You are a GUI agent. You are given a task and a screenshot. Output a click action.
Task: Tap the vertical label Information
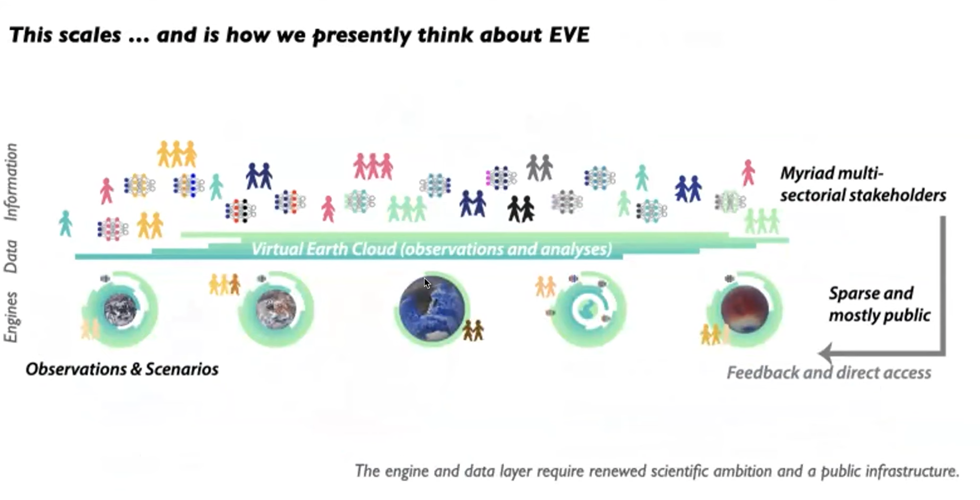tap(11, 182)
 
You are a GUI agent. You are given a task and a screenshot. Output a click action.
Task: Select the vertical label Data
tap(11, 256)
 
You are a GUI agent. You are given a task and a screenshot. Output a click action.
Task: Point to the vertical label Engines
tap(11, 317)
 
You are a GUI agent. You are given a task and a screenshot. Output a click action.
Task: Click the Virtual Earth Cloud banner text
tap(432, 249)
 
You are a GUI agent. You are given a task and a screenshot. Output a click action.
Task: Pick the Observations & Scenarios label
tap(122, 369)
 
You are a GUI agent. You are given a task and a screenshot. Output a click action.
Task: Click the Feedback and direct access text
tap(829, 372)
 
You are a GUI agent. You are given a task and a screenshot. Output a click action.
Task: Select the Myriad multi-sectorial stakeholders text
tap(863, 184)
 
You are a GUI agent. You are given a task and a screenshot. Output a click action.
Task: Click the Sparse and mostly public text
tap(879, 304)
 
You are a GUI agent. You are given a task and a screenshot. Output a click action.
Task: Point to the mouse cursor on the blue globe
tap(427, 283)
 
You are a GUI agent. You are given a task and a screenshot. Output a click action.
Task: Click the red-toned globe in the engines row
tap(745, 309)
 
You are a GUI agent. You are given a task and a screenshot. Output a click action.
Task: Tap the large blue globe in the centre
tap(432, 309)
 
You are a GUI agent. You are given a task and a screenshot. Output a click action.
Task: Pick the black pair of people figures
tap(521, 209)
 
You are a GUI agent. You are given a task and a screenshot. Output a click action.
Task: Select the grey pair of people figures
tap(540, 168)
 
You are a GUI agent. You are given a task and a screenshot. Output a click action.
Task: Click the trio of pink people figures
tap(373, 166)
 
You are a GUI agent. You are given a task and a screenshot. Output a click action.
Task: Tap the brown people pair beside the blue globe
tap(473, 330)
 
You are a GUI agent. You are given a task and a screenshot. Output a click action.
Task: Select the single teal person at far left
tap(65, 223)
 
